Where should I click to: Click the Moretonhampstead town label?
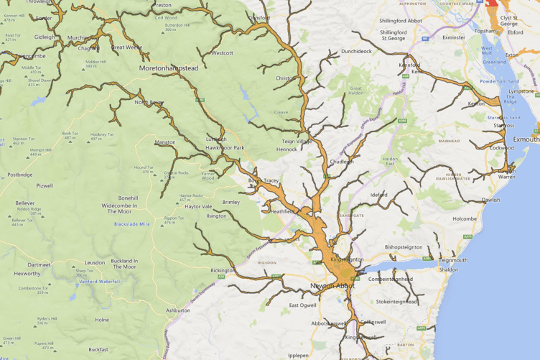pyautogui.click(x=169, y=68)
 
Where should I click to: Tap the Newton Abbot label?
pyautogui.click(x=334, y=286)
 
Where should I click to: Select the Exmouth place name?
pyautogui.click(x=526, y=139)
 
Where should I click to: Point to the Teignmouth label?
pyautogui.click(x=452, y=260)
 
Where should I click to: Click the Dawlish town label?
pyautogui.click(x=490, y=200)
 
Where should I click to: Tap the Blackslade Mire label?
pyautogui.click(x=132, y=224)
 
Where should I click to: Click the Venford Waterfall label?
pyautogui.click(x=100, y=282)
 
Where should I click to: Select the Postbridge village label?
pyautogui.click(x=19, y=175)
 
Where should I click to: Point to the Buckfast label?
pyautogui.click(x=98, y=349)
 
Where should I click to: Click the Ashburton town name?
pyautogui.click(x=177, y=310)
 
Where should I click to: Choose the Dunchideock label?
pyautogui.click(x=356, y=51)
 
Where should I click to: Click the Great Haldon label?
pyautogui.click(x=356, y=89)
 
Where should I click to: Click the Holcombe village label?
pyautogui.click(x=465, y=218)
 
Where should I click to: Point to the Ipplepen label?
pyautogui.click(x=298, y=355)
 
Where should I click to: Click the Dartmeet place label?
pyautogui.click(x=39, y=264)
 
